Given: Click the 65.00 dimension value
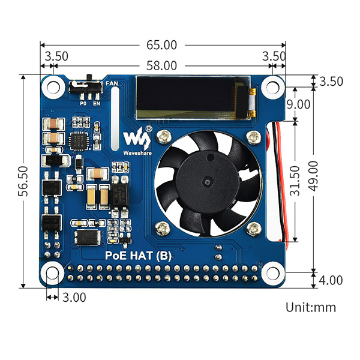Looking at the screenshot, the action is [x=161, y=45].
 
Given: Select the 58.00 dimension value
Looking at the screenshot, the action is [x=161, y=65].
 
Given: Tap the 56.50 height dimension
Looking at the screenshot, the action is [x=23, y=181].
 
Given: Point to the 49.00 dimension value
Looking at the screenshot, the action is [x=313, y=176].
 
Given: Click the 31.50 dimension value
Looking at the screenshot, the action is [x=295, y=181].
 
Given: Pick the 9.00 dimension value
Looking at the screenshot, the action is [x=298, y=104].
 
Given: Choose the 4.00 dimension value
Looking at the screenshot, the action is [x=331, y=280].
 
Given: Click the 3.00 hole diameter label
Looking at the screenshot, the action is [x=74, y=298].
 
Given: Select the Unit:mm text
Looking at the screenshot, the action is [x=311, y=307].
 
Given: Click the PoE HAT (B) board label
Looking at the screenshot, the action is [x=138, y=256].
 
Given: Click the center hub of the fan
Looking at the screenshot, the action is [x=208, y=182].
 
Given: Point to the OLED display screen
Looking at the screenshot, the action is [x=193, y=98].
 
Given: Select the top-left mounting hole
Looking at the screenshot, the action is [x=53, y=87].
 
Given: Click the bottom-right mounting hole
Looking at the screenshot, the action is [x=273, y=273].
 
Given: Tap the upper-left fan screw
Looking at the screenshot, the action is [x=164, y=137].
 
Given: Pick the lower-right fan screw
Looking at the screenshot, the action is [x=254, y=229].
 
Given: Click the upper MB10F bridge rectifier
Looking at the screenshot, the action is [x=52, y=188].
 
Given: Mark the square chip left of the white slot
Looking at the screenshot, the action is [x=79, y=142].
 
